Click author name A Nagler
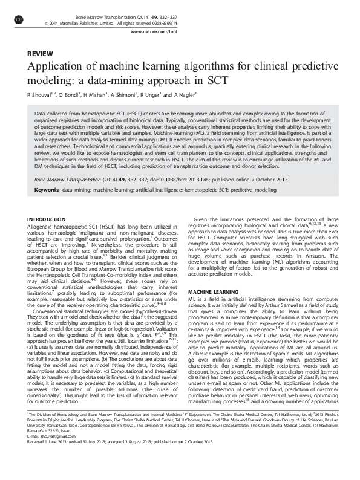[184, 95]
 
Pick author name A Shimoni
[126, 95]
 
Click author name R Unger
[154, 95]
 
